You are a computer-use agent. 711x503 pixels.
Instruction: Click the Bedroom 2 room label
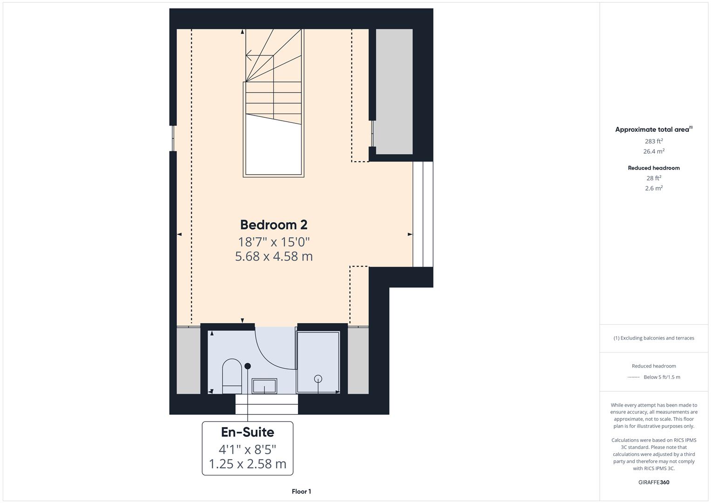pyautogui.click(x=274, y=225)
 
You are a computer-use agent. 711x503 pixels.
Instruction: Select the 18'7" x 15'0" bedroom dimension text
pyautogui.click(x=274, y=242)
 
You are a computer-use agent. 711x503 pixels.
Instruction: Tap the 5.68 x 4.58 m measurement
pyautogui.click(x=274, y=257)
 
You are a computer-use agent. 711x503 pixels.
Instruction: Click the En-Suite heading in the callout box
pyautogui.click(x=247, y=432)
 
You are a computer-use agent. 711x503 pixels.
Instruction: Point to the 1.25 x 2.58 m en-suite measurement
pyautogui.click(x=247, y=464)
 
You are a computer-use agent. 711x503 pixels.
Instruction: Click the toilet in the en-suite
pyautogui.click(x=232, y=375)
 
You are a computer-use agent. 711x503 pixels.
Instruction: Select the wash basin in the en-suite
pyautogui.click(x=264, y=386)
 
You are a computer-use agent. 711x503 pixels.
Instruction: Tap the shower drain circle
pyautogui.click(x=318, y=379)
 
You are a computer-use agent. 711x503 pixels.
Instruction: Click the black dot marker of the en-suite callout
pyautogui.click(x=248, y=366)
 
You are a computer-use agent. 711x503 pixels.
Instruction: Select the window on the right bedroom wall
pyautogui.click(x=423, y=214)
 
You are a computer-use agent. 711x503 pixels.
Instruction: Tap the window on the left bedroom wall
pyautogui.click(x=173, y=138)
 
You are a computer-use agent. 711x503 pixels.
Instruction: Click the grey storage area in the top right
pyautogui.click(x=394, y=91)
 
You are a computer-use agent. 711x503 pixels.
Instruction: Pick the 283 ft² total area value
pyautogui.click(x=654, y=141)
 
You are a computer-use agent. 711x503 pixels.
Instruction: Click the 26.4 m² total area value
pyautogui.click(x=654, y=151)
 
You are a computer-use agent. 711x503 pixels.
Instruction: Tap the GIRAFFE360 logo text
pyautogui.click(x=654, y=482)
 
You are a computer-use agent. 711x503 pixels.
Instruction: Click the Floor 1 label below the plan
pyautogui.click(x=301, y=491)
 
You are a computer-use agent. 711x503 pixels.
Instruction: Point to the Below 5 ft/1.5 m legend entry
pyautogui.click(x=662, y=377)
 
